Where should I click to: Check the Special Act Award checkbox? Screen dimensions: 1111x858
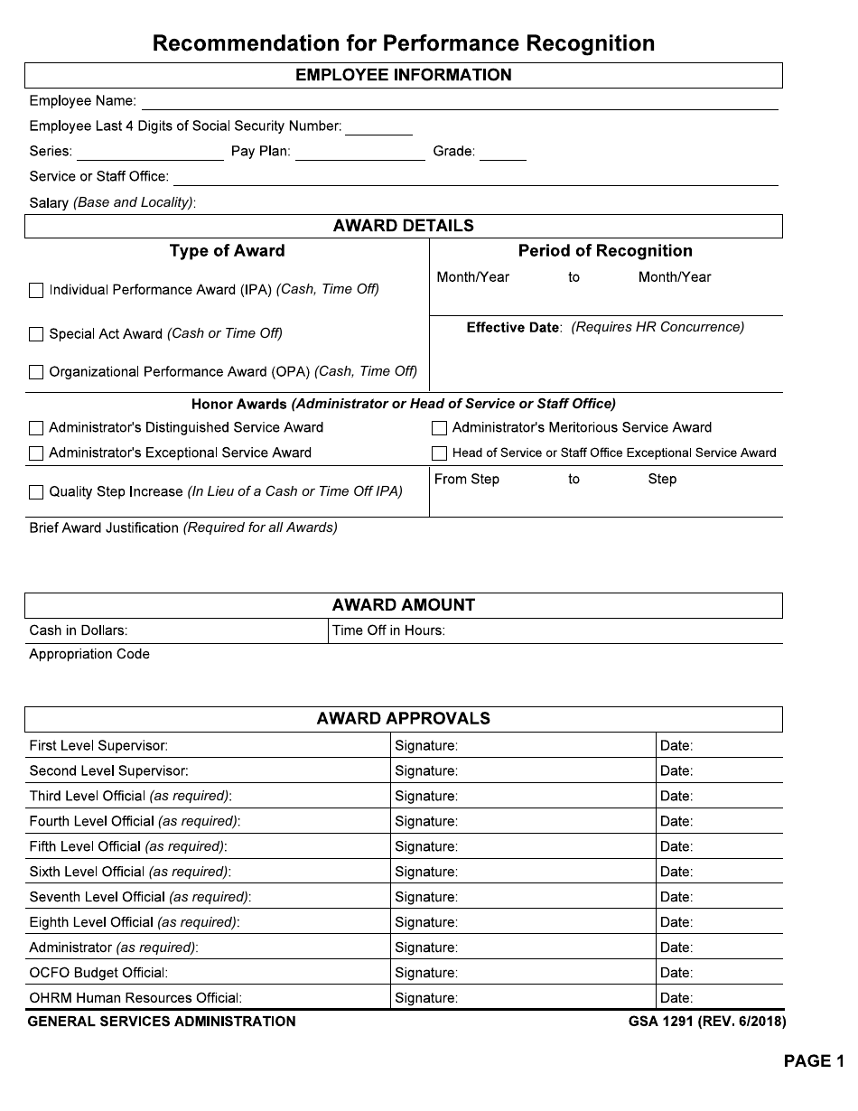point(36,334)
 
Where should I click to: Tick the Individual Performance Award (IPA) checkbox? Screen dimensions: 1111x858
point(36,291)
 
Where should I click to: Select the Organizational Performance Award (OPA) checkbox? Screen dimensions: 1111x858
point(36,372)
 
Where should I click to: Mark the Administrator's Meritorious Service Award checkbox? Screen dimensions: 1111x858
point(440,428)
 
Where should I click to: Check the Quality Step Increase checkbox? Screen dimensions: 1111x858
point(36,492)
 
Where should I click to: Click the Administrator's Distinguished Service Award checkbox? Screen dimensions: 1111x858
point(36,428)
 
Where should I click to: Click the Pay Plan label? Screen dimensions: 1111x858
point(260,152)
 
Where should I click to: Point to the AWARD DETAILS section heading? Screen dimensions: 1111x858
point(403,226)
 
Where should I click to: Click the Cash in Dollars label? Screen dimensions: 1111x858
point(79,630)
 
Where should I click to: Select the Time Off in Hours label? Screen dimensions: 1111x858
point(388,630)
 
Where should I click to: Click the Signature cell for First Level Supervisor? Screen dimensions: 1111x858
point(523,746)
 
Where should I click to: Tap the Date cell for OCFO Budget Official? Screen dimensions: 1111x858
point(720,974)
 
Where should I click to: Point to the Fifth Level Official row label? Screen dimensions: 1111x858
point(127,847)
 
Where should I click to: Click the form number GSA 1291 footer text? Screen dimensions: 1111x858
point(707,1022)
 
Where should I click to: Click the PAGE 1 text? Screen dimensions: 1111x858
point(813,1061)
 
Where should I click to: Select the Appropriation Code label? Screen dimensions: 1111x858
point(89,654)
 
